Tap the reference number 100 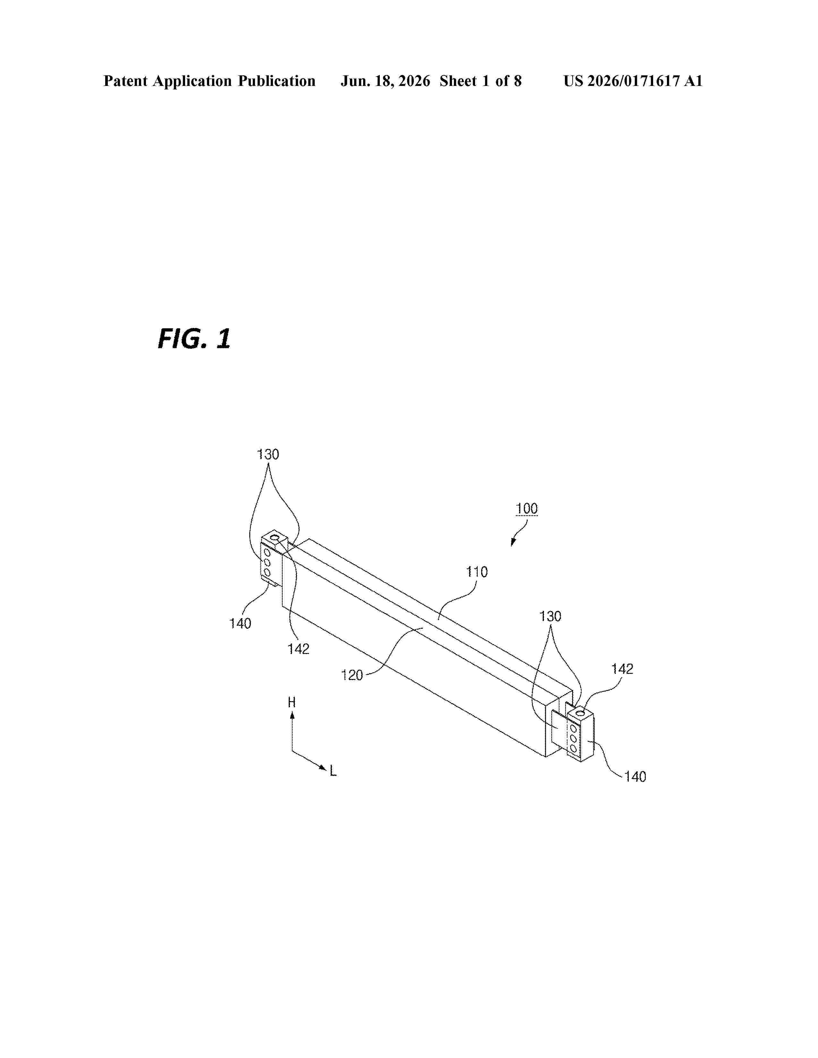(x=527, y=509)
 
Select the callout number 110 (x=477, y=572)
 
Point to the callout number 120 (x=352, y=675)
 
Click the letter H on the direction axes (x=292, y=702)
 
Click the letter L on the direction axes (x=333, y=771)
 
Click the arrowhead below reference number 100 (x=513, y=542)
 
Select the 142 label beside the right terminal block (x=622, y=669)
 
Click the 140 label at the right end (x=635, y=777)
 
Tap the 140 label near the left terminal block (x=240, y=624)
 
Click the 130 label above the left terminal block (x=268, y=454)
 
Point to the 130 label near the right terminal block (x=550, y=617)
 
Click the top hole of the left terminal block (x=275, y=538)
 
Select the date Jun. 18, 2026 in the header (x=385, y=81)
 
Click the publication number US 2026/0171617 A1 (x=633, y=81)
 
